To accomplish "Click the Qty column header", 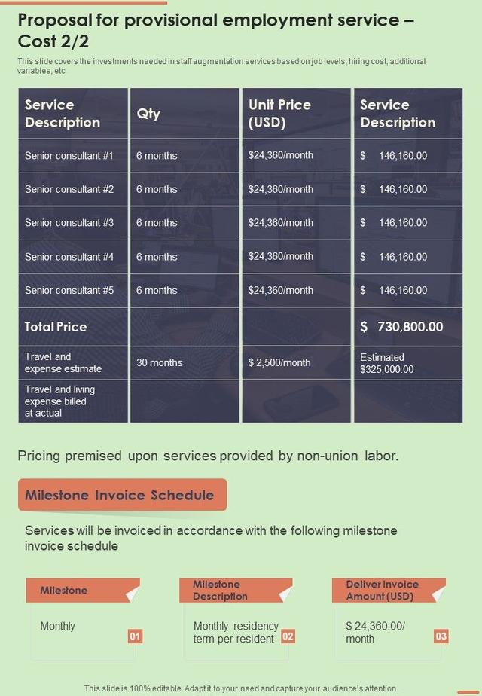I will pyautogui.click(x=148, y=114).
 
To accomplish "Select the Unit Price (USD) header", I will pyautogui.click(x=279, y=114).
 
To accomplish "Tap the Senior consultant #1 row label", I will pyautogui.click(x=69, y=156).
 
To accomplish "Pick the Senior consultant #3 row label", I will pyautogui.click(x=69, y=223).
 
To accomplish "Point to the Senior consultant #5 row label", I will pyautogui.click(x=69, y=290).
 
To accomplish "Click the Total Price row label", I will pyautogui.click(x=56, y=327).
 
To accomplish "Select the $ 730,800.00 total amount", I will pyautogui.click(x=401, y=327).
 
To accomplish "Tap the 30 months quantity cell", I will pyautogui.click(x=159, y=362).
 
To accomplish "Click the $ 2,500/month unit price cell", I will pyautogui.click(x=279, y=362).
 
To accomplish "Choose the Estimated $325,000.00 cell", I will pyautogui.click(x=386, y=363).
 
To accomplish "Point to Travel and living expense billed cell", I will pyautogui.click(x=60, y=401).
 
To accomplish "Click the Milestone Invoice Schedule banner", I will pyautogui.click(x=120, y=495).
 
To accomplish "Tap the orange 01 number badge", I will pyautogui.click(x=135, y=636).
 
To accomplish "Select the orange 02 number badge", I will pyautogui.click(x=288, y=636).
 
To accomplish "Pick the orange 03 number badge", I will pyautogui.click(x=441, y=636).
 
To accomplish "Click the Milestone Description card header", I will pyautogui.click(x=220, y=590).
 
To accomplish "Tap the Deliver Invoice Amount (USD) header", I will pyautogui.click(x=382, y=590).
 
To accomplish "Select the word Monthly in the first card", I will pyautogui.click(x=57, y=626).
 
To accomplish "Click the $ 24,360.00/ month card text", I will pyautogui.click(x=375, y=632).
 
